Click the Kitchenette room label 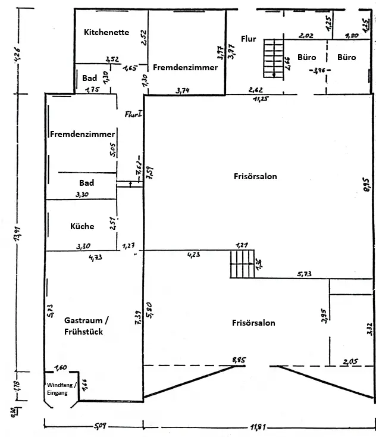tap(106, 32)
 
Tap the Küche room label tap(82, 226)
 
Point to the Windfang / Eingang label tap(62, 389)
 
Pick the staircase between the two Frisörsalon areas tap(242, 264)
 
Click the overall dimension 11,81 tap(259, 427)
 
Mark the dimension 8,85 tap(239, 361)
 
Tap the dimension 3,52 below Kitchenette tap(111, 60)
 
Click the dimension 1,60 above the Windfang tap(60, 367)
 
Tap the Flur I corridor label tap(132, 113)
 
